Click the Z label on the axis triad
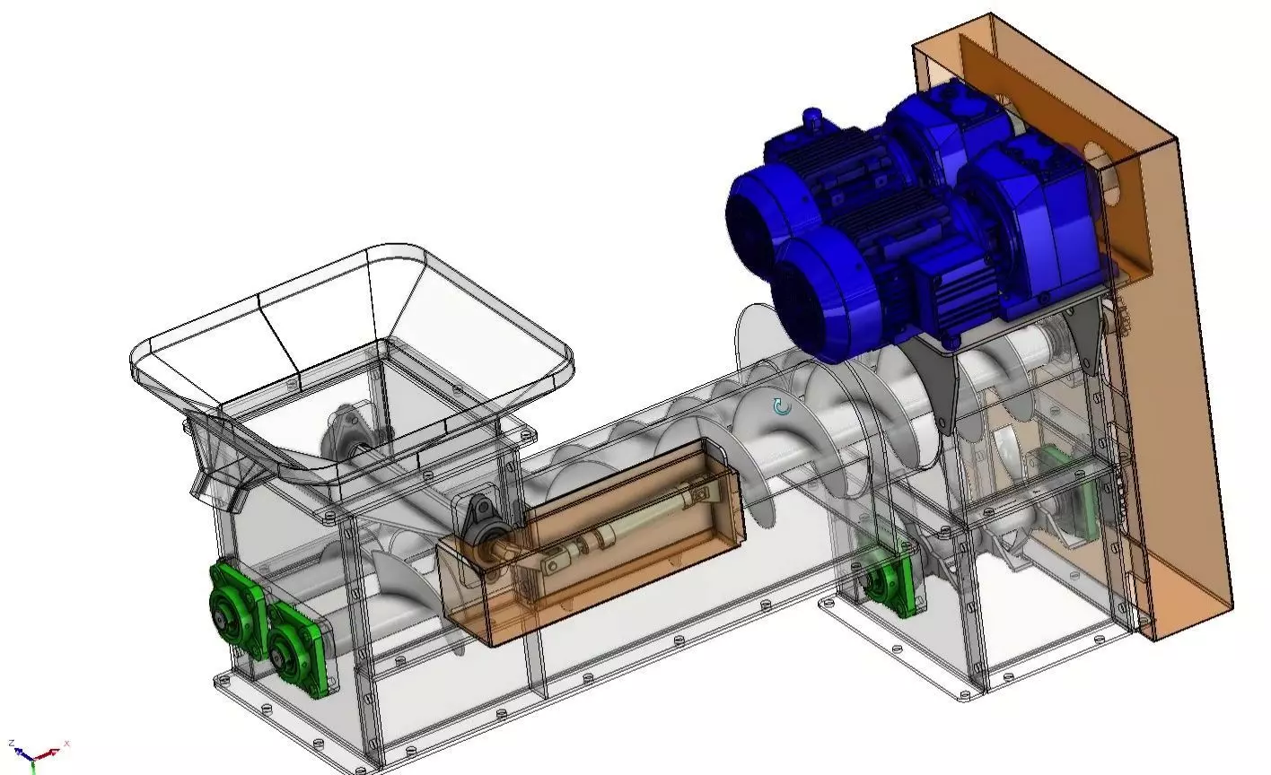[12, 744]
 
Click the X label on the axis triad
[67, 744]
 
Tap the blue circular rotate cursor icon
[782, 407]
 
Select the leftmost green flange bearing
[232, 611]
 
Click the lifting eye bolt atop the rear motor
[812, 118]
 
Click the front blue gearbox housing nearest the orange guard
[1032, 224]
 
